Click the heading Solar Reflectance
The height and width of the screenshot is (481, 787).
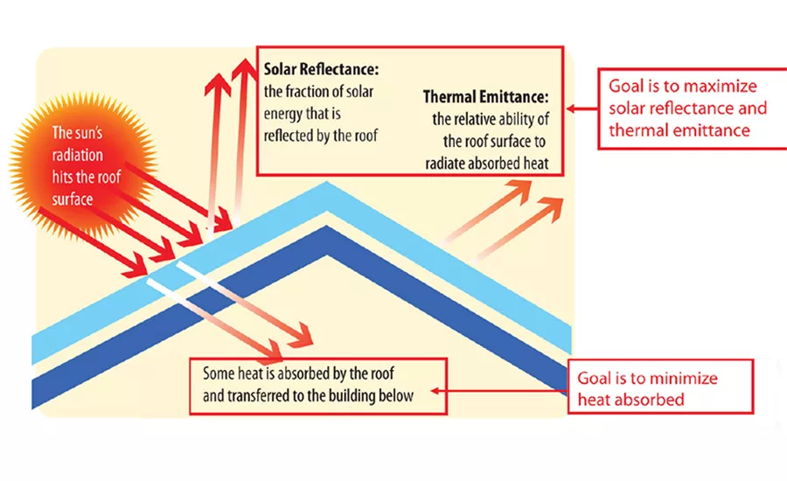click(x=321, y=69)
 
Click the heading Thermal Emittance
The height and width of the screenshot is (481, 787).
click(x=486, y=96)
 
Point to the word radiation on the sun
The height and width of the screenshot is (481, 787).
click(x=77, y=155)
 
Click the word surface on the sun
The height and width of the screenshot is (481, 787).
click(x=73, y=199)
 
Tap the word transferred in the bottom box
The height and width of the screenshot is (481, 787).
click(x=257, y=395)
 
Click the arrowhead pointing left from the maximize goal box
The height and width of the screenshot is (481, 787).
click(x=571, y=108)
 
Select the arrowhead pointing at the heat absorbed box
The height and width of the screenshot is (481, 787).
click(x=435, y=391)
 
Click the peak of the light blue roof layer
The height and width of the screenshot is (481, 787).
click(x=327, y=182)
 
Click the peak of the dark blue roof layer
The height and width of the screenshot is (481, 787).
click(x=327, y=226)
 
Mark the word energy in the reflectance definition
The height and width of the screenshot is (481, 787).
click(x=281, y=115)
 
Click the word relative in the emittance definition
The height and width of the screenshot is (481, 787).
click(x=477, y=119)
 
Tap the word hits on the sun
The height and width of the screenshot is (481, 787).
click(x=63, y=177)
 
